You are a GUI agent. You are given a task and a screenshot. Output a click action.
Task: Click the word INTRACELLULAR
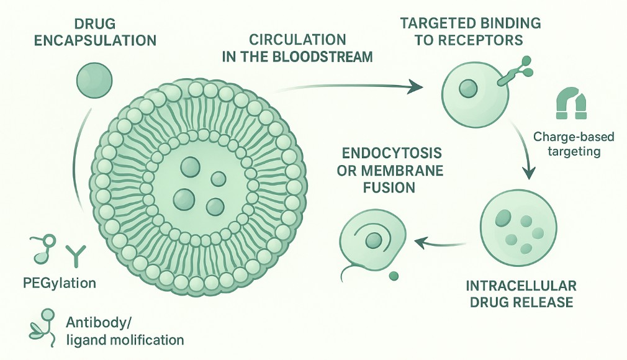click(520, 286)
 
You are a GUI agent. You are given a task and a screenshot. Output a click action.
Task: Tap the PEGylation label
click(64, 283)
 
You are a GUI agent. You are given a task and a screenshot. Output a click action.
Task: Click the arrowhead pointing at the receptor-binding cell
click(413, 88)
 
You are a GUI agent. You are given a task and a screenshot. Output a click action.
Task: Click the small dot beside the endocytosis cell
click(392, 275)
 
